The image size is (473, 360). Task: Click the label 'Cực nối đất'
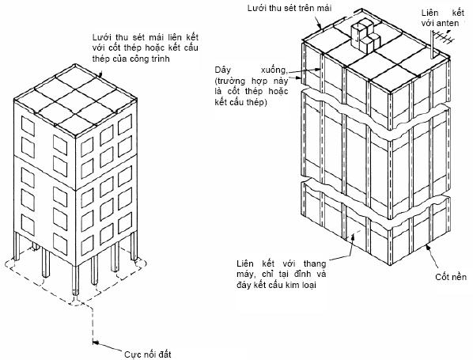pos(147,354)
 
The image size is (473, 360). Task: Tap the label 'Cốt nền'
pos(451,277)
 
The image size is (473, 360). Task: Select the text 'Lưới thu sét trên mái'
pos(289,8)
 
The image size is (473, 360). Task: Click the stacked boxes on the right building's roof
pos(365,35)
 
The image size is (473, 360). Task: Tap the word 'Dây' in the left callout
pos(222,70)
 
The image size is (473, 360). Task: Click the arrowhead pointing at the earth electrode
pos(96,342)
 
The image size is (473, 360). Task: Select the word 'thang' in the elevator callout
pos(315,263)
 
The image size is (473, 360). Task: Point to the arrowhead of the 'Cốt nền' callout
pos(427,248)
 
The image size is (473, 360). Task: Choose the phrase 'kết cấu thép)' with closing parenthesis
pos(240,102)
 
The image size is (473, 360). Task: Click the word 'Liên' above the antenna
pos(429,13)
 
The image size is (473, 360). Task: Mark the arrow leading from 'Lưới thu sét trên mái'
pos(319,23)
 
